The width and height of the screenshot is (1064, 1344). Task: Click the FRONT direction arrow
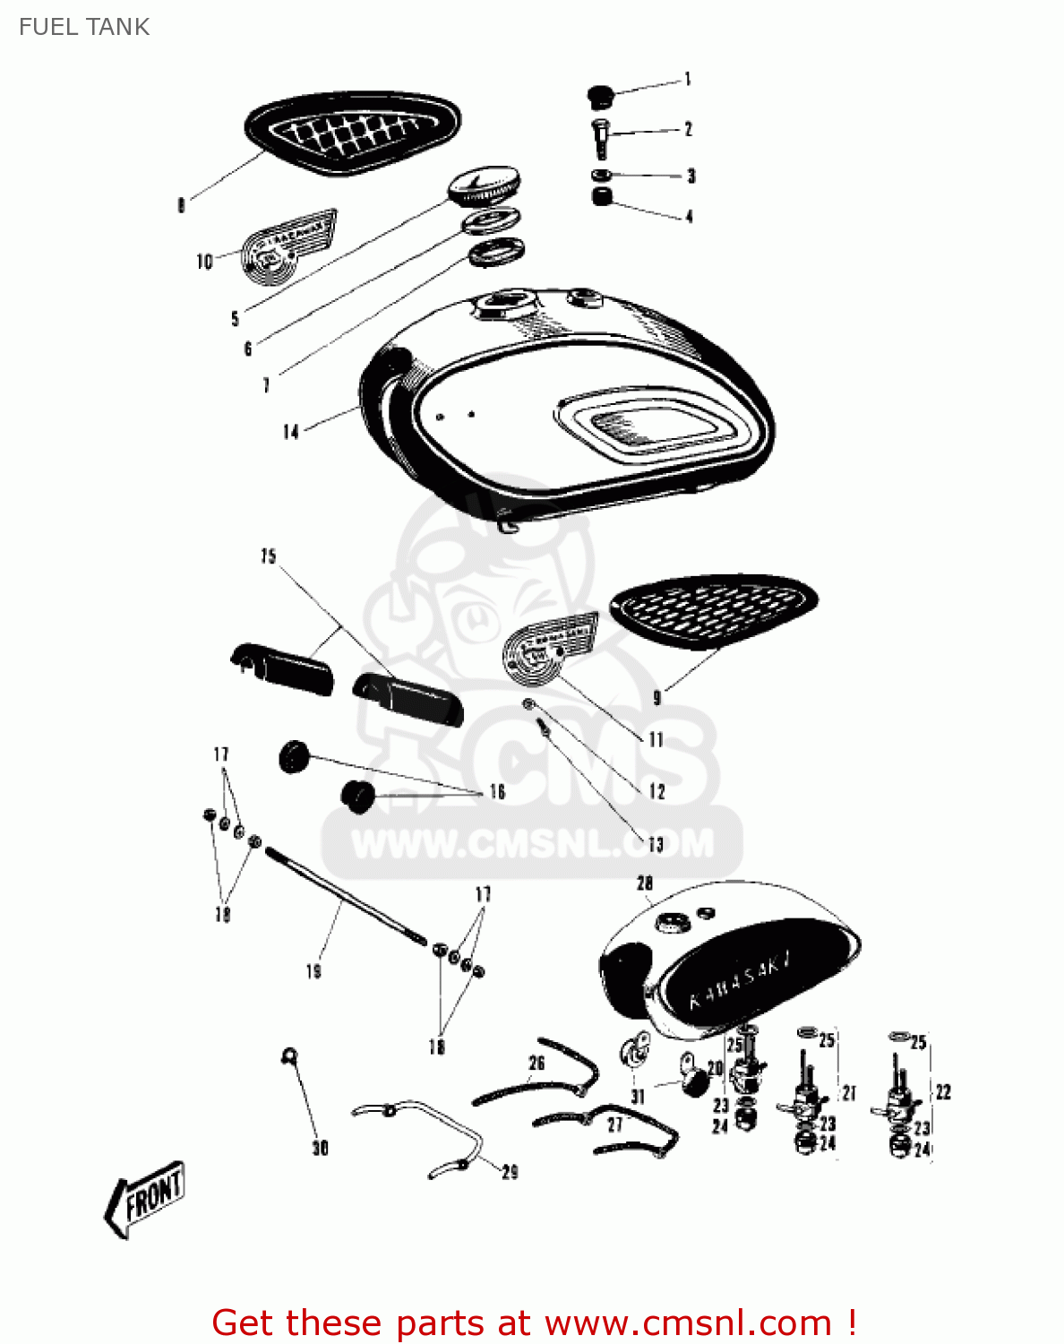pos(146,1197)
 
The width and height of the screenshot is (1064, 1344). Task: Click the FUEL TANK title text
pos(84,27)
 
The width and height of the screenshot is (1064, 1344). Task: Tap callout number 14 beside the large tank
pos(290,432)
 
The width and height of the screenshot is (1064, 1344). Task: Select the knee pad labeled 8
pos(353,133)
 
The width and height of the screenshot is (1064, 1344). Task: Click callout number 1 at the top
pos(688,80)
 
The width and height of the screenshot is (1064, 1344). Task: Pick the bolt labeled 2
pos(600,135)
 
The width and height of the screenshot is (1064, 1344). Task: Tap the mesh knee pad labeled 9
pos(713,609)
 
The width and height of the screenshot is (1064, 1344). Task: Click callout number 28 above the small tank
pos(645,883)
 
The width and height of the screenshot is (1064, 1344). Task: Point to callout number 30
pos(320,1148)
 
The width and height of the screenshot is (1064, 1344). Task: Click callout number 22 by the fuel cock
pos(943,1091)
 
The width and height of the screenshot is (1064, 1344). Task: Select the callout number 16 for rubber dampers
pos(497,791)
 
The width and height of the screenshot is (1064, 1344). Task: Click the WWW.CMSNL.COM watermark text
pos(532,844)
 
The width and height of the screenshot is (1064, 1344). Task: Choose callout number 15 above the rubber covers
pos(269,556)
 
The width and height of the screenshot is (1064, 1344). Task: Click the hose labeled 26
pos(537,1075)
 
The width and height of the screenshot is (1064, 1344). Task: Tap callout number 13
pos(656,844)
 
